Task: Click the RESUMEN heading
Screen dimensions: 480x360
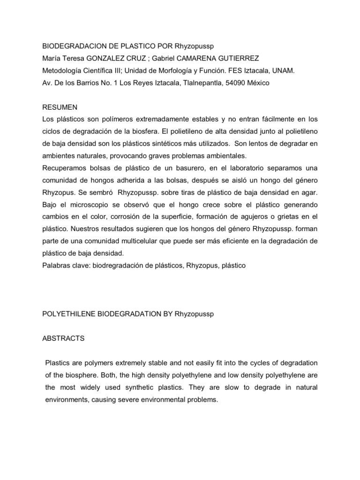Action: (x=60, y=107)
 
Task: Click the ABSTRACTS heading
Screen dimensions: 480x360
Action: (x=63, y=338)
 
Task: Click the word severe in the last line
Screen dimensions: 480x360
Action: (x=143, y=399)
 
